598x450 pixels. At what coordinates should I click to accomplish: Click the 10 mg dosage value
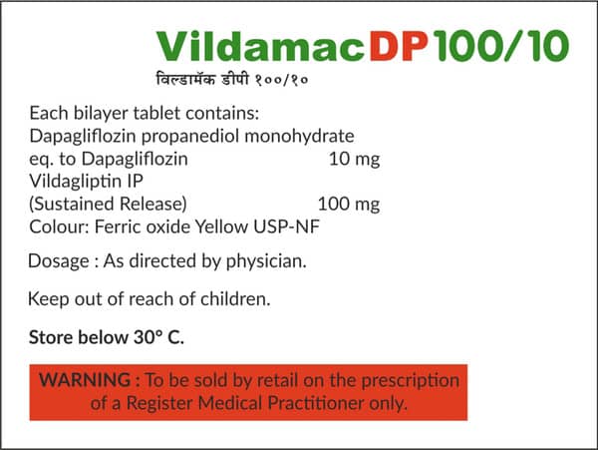click(x=355, y=158)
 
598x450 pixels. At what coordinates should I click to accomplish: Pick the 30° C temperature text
click(x=158, y=337)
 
